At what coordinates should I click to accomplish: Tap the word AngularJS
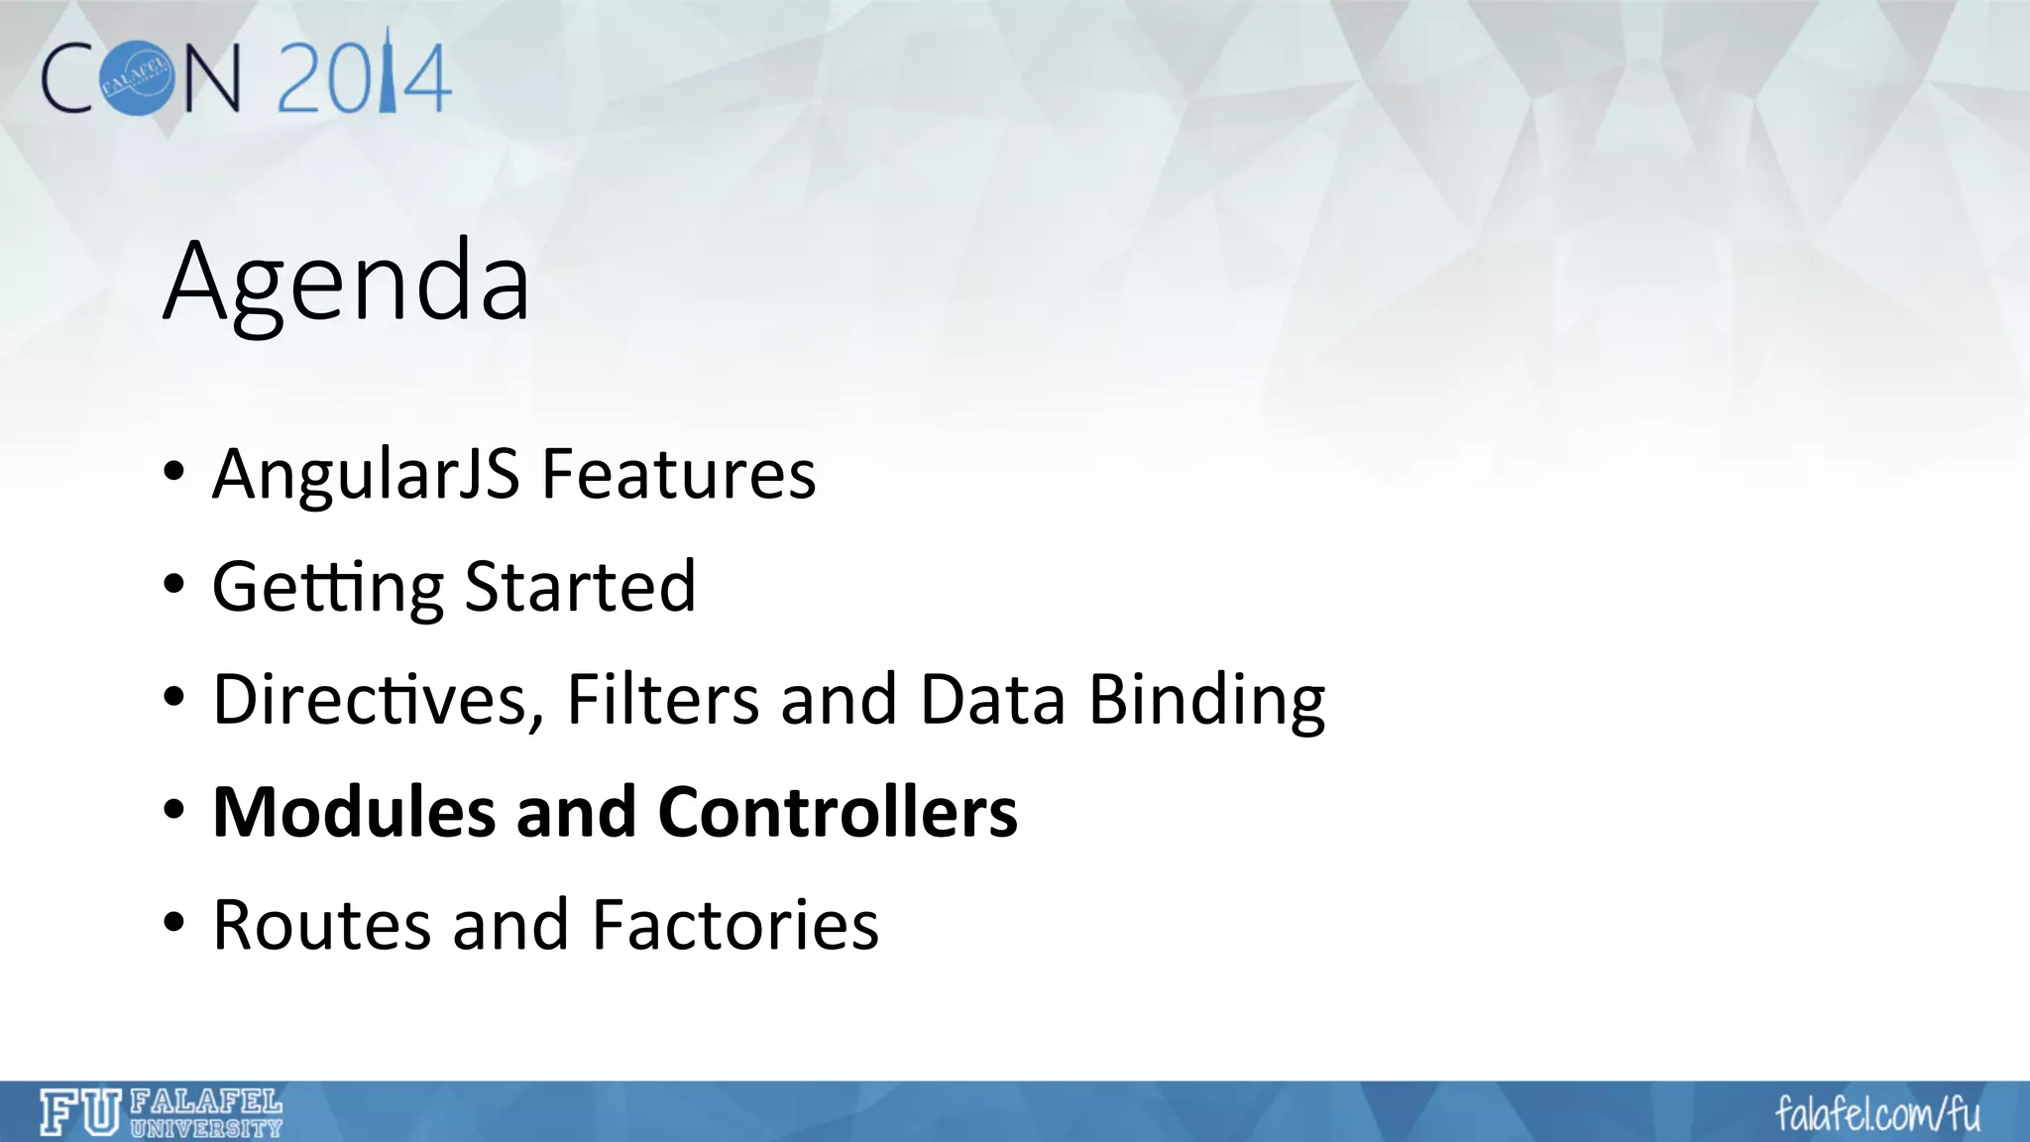point(365,474)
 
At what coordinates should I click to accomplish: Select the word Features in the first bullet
point(678,474)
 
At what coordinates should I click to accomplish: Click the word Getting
point(327,588)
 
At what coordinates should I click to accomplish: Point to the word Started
point(580,587)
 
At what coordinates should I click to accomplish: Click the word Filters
point(662,700)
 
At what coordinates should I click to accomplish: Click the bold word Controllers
point(838,812)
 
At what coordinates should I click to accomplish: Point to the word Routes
point(321,925)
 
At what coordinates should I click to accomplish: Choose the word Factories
point(734,925)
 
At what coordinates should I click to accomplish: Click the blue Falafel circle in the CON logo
point(136,78)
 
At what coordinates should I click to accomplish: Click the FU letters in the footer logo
point(79,1111)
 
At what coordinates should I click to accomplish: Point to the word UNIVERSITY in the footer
point(206,1127)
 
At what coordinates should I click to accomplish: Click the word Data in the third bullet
point(992,700)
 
